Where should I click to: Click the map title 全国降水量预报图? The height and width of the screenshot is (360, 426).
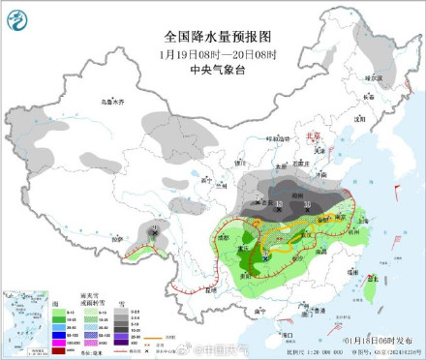(x=218, y=36)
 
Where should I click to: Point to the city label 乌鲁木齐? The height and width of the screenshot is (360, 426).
(x=113, y=101)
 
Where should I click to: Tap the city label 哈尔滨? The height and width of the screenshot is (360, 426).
(x=374, y=75)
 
